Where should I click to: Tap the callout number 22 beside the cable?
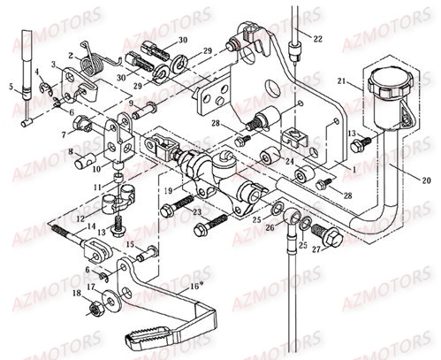(x=317, y=38)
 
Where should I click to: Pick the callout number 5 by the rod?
(x=12, y=86)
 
